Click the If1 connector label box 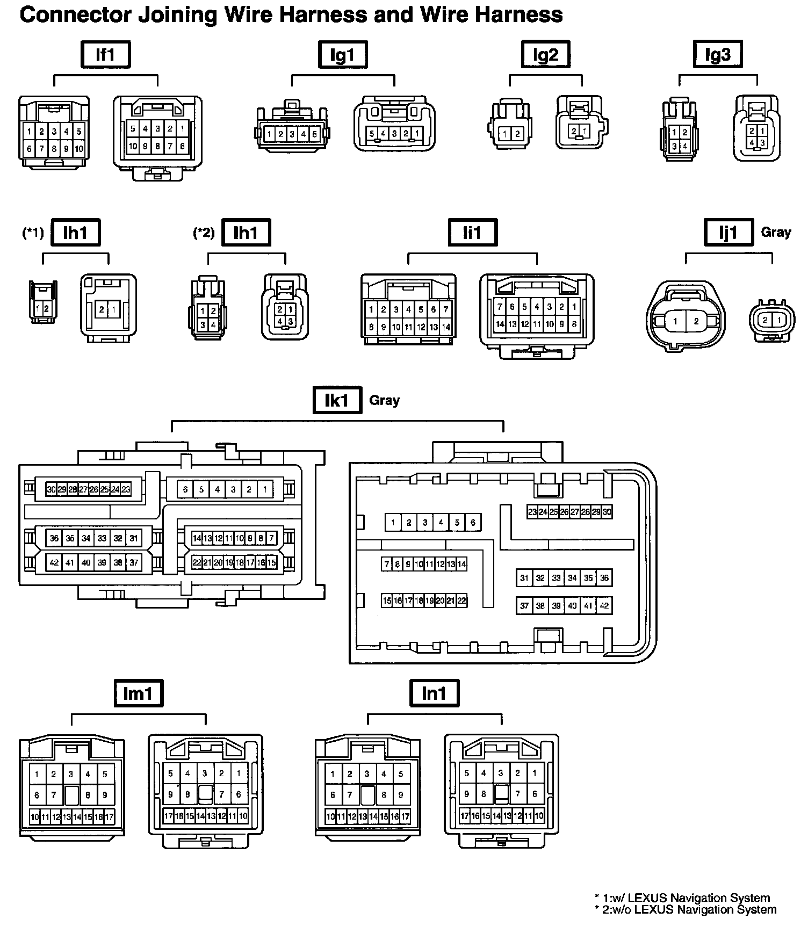pyautogui.click(x=105, y=54)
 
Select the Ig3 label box pyautogui.click(x=718, y=54)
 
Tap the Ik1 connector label pyautogui.click(x=337, y=400)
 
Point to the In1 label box pyautogui.click(x=434, y=693)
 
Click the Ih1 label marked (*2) pyautogui.click(x=246, y=233)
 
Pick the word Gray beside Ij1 pyautogui.click(x=776, y=232)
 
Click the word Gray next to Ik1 pyautogui.click(x=385, y=400)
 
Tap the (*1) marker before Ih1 pyautogui.click(x=33, y=233)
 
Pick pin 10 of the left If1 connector pyautogui.click(x=79, y=149)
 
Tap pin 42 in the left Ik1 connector pyautogui.click(x=54, y=563)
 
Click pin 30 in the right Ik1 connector pyautogui.click(x=607, y=512)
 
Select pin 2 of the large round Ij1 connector pyautogui.click(x=696, y=321)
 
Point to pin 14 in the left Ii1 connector pyautogui.click(x=446, y=327)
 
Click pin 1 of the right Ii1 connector pyautogui.click(x=574, y=307)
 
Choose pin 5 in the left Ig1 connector pyautogui.click(x=315, y=134)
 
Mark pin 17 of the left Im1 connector pyautogui.click(x=110, y=818)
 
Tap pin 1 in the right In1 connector pyautogui.click(x=535, y=773)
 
